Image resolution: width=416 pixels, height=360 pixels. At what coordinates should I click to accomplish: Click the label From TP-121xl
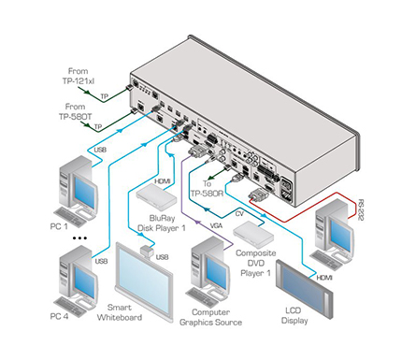click(79, 76)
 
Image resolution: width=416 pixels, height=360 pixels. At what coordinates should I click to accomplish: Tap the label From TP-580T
click(76, 111)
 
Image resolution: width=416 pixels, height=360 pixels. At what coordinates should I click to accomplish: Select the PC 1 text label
click(59, 226)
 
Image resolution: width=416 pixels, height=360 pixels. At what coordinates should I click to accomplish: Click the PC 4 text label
click(59, 316)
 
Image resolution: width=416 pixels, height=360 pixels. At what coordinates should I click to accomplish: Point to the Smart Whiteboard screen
click(145, 281)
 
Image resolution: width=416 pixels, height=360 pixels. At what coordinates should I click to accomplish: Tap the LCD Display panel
click(304, 289)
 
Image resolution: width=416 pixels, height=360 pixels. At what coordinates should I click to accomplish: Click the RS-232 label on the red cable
click(361, 210)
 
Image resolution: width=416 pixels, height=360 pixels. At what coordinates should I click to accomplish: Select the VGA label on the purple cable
click(216, 225)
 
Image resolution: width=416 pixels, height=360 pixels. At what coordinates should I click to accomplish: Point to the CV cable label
click(239, 214)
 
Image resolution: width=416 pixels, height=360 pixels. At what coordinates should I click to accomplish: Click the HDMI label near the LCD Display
click(324, 277)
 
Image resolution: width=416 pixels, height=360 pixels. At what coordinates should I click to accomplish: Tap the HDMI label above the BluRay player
click(163, 180)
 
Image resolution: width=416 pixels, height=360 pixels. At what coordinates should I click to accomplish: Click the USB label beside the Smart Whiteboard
click(162, 257)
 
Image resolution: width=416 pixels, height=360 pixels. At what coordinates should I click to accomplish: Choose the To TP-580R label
click(207, 188)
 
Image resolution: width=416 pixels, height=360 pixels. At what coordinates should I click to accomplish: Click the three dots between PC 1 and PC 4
click(79, 238)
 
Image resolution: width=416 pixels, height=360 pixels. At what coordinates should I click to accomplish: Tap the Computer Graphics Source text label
click(210, 317)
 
